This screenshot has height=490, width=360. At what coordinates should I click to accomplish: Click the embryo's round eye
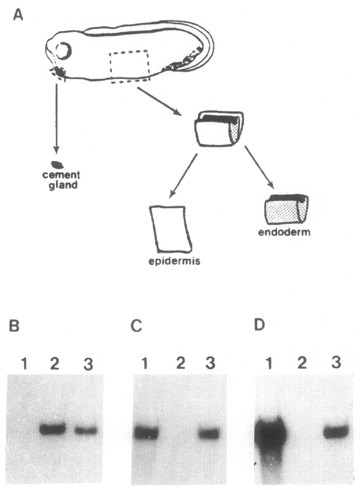[x=64, y=51]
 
